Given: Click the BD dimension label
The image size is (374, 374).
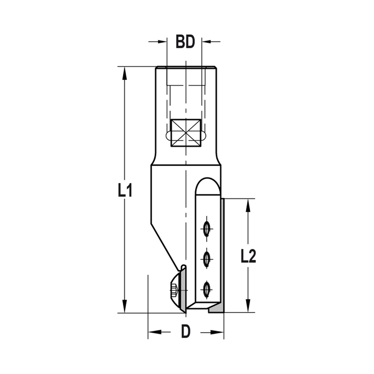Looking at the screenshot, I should pyautogui.click(x=186, y=42).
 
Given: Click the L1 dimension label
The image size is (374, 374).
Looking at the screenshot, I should pyautogui.click(x=125, y=191).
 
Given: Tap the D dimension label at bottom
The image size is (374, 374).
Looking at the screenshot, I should pyautogui.click(x=186, y=331).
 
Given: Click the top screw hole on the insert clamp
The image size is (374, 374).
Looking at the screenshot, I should pyautogui.click(x=206, y=229).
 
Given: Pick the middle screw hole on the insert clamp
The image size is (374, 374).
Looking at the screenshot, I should pyautogui.click(x=206, y=259).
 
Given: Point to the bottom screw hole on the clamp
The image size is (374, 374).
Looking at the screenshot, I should pyautogui.click(x=206, y=289).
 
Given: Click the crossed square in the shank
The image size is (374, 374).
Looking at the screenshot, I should pyautogui.click(x=186, y=133).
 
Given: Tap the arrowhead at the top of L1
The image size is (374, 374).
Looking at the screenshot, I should pyautogui.click(x=125, y=73).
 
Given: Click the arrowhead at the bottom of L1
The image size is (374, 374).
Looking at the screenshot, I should pyautogui.click(x=125, y=307).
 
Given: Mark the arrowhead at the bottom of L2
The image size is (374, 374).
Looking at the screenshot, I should pyautogui.click(x=248, y=306).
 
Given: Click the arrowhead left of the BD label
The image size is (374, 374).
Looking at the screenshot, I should pyautogui.click(x=161, y=42).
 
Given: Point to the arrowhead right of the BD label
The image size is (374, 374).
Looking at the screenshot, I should pyautogui.click(x=207, y=42).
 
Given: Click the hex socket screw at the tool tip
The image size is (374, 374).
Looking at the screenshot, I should pyautogui.click(x=174, y=290).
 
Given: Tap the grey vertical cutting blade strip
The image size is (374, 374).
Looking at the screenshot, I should pyautogui.click(x=222, y=254).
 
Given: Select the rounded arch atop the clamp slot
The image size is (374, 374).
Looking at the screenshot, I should pyautogui.click(x=208, y=185).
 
